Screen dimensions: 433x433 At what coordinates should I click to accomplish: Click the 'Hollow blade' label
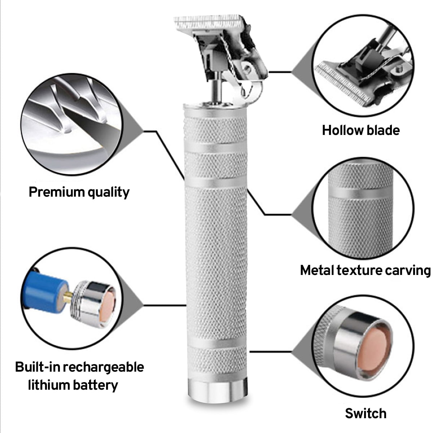tap(361, 130)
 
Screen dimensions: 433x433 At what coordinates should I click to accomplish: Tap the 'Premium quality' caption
tap(79, 193)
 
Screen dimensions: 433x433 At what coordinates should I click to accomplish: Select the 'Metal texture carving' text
tap(366, 271)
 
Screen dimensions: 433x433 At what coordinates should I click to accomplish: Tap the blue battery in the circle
tap(45, 292)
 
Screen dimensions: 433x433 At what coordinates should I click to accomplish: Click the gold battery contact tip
tap(68, 297)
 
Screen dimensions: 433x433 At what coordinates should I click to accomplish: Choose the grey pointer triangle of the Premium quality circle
tap(132, 130)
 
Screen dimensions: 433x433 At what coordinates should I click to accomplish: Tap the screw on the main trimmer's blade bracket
tap(247, 67)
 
